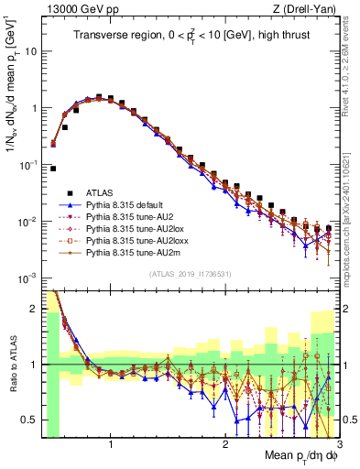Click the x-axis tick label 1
pos(111,445)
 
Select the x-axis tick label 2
pos(224,445)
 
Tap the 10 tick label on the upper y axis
pos(30,51)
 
